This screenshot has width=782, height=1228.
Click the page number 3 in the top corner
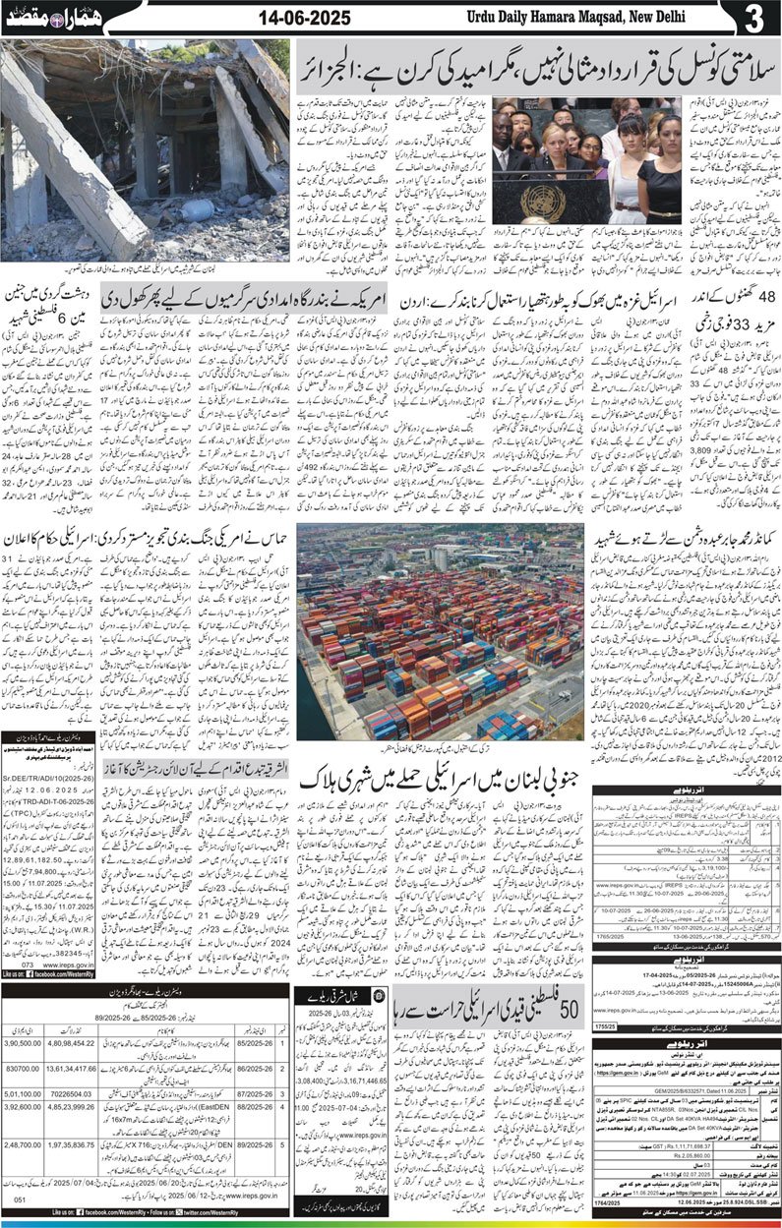coord(752,18)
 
